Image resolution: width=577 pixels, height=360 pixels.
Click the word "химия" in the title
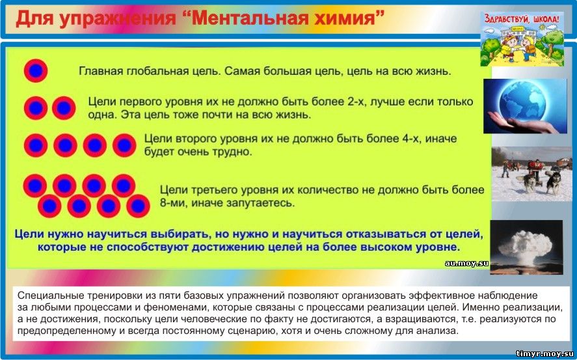[x=348, y=18]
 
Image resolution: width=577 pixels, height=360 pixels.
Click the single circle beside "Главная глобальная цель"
[x=36, y=70]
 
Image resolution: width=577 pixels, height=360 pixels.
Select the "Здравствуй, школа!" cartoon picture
[x=522, y=38]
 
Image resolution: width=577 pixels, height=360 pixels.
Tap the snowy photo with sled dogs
[x=531, y=174]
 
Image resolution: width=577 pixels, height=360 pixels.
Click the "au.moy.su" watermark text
[x=466, y=263]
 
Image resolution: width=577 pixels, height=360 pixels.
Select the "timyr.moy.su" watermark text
[x=544, y=353]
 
